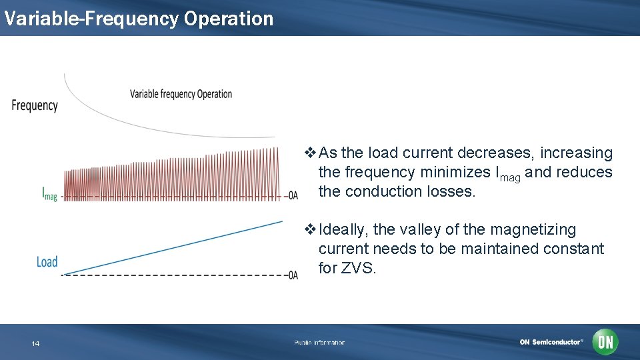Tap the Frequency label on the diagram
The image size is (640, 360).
tap(35, 105)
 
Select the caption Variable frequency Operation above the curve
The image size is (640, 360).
tap(181, 94)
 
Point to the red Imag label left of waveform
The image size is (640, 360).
tap(49, 195)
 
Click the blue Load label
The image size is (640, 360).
tap(47, 262)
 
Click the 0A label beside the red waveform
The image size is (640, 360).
tap(293, 196)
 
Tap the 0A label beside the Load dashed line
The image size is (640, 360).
tap(293, 275)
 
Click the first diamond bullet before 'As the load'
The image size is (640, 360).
tap(310, 153)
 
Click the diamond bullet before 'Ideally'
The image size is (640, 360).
tap(310, 230)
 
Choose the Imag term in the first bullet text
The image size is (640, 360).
tap(508, 173)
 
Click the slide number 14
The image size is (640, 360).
tap(35, 343)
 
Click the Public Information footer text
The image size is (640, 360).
tap(319, 343)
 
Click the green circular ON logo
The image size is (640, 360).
tap(605, 342)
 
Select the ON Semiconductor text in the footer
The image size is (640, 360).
tap(551, 342)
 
